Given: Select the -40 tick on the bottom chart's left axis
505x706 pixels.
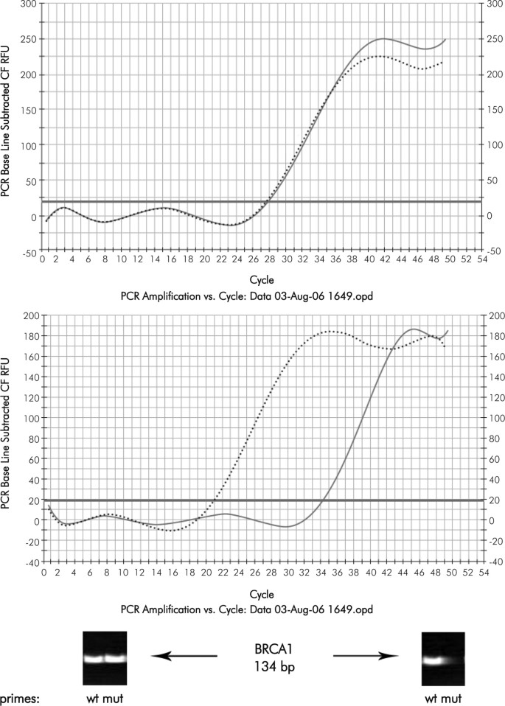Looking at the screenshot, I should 29,562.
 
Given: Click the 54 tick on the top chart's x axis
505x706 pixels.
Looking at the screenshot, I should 482,260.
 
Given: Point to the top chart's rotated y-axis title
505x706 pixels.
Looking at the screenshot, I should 8,127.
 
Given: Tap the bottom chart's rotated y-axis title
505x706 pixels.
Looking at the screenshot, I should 8,438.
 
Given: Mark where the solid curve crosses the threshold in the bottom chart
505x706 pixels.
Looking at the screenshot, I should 322,500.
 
